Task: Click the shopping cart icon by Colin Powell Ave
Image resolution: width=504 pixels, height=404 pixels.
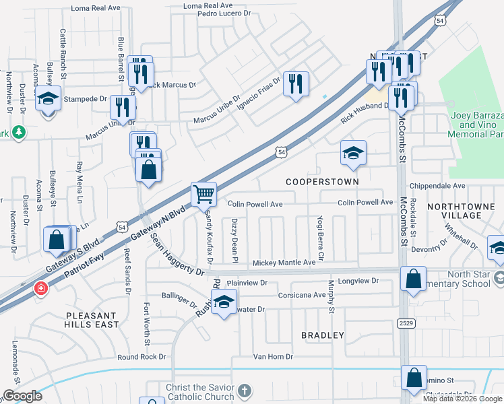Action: (x=203, y=195)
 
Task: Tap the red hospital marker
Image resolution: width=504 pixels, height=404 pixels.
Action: (x=41, y=288)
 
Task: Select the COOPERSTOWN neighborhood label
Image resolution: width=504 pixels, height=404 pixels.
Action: (x=322, y=182)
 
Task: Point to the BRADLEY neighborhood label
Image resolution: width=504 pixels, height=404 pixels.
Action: (x=323, y=335)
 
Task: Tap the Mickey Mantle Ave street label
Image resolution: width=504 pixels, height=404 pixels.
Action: (x=284, y=262)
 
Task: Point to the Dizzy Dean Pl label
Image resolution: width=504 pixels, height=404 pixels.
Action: (x=235, y=240)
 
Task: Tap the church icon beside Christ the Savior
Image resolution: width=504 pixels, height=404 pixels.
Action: (x=245, y=390)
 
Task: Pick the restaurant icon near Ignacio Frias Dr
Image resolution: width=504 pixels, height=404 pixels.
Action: (x=295, y=83)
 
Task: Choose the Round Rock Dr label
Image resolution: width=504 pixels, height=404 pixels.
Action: (x=141, y=357)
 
